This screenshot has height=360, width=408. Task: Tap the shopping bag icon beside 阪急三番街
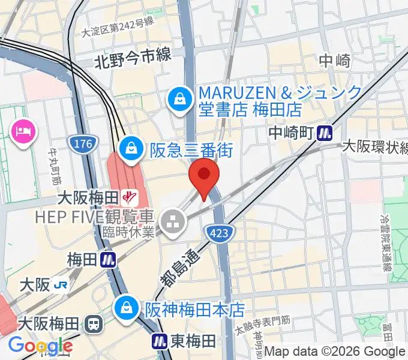click(x=130, y=148)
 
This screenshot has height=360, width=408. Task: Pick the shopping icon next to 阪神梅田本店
click(x=127, y=308)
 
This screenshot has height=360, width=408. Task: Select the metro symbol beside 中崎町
click(x=326, y=132)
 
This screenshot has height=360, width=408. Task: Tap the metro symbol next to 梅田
click(x=109, y=260)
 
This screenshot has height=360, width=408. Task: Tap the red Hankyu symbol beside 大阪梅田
click(x=129, y=196)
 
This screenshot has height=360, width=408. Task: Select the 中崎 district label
click(x=335, y=61)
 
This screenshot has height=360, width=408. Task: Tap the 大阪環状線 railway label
click(x=374, y=147)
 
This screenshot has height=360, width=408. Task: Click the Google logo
click(x=40, y=346)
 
